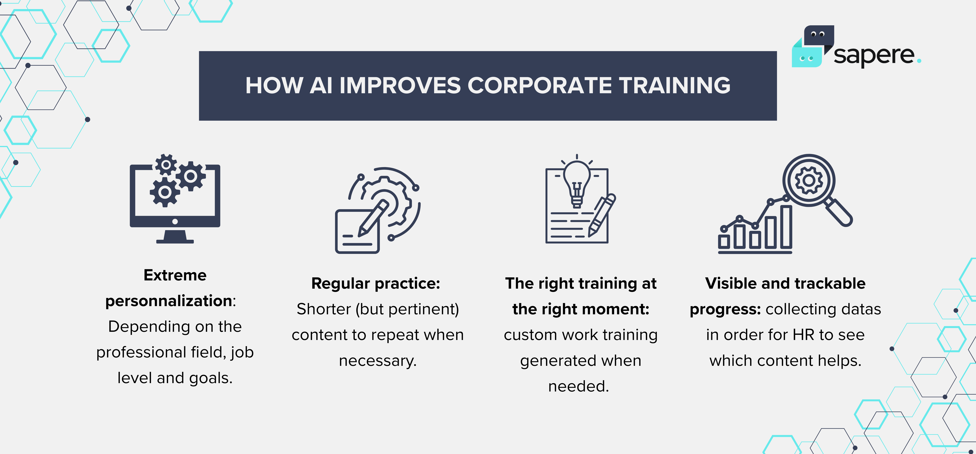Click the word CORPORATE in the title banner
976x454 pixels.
click(x=540, y=86)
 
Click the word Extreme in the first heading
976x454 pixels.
click(x=175, y=275)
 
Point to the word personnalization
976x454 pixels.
click(x=169, y=301)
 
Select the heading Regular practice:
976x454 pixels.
click(x=376, y=283)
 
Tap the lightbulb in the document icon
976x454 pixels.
click(x=577, y=182)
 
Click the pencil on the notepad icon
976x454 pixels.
click(x=373, y=218)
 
